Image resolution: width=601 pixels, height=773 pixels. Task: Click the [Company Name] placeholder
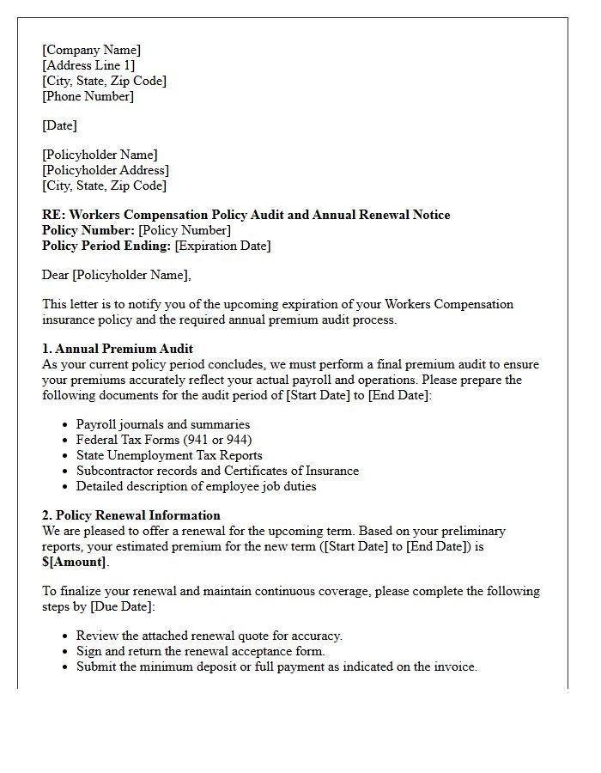click(91, 50)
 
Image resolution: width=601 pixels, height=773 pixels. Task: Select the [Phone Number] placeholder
click(88, 96)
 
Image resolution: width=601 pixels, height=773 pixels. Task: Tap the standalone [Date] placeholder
click(59, 125)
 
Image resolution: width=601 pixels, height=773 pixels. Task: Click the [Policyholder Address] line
click(105, 170)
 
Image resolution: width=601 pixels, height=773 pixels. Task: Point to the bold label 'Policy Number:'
click(88, 230)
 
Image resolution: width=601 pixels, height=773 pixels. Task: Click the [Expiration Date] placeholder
click(222, 246)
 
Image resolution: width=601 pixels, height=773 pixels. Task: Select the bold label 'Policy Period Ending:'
click(106, 246)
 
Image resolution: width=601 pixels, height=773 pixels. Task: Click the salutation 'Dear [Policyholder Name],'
click(117, 275)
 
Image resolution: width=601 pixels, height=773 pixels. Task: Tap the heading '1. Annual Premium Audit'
click(118, 349)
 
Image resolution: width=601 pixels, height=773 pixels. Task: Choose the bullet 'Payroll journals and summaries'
click(163, 424)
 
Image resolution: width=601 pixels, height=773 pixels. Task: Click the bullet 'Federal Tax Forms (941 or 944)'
click(164, 440)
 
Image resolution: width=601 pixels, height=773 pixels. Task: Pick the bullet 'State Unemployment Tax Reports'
click(169, 455)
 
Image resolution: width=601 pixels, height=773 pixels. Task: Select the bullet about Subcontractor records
click(217, 471)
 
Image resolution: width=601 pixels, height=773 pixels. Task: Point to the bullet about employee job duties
click(196, 486)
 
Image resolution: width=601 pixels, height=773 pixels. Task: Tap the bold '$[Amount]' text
click(75, 562)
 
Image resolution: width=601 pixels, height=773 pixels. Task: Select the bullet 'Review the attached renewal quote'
click(209, 636)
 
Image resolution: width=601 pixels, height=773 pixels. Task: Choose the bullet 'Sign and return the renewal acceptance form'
click(200, 651)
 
